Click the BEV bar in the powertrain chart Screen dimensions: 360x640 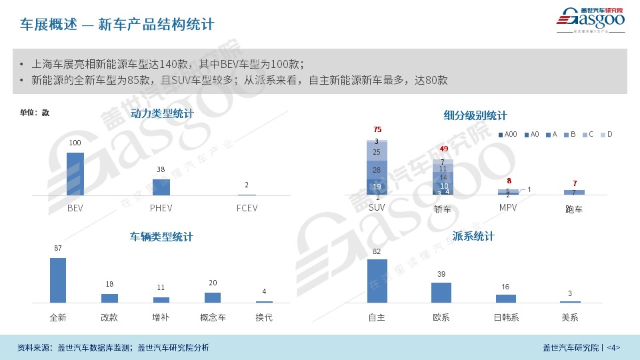pos(75,173)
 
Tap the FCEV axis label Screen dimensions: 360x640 pos(247,208)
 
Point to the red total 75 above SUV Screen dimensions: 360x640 pos(377,129)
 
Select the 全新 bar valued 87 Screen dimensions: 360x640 pos(58,280)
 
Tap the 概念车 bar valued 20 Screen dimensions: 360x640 pos(213,297)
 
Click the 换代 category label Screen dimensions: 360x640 pos(264,317)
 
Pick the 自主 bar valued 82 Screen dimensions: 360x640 pos(377,281)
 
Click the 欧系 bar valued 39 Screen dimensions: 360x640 pos(441,292)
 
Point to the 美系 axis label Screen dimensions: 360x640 pos(569,317)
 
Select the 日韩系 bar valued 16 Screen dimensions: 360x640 pos(505,298)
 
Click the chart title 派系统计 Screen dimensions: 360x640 pos(473,237)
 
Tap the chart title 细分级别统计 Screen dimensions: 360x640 pos(475,115)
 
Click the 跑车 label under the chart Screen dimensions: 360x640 pos(573,209)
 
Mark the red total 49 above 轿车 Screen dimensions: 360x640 pos(443,149)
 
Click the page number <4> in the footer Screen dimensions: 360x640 pos(613,347)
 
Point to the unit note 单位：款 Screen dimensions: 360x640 pos(35,113)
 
